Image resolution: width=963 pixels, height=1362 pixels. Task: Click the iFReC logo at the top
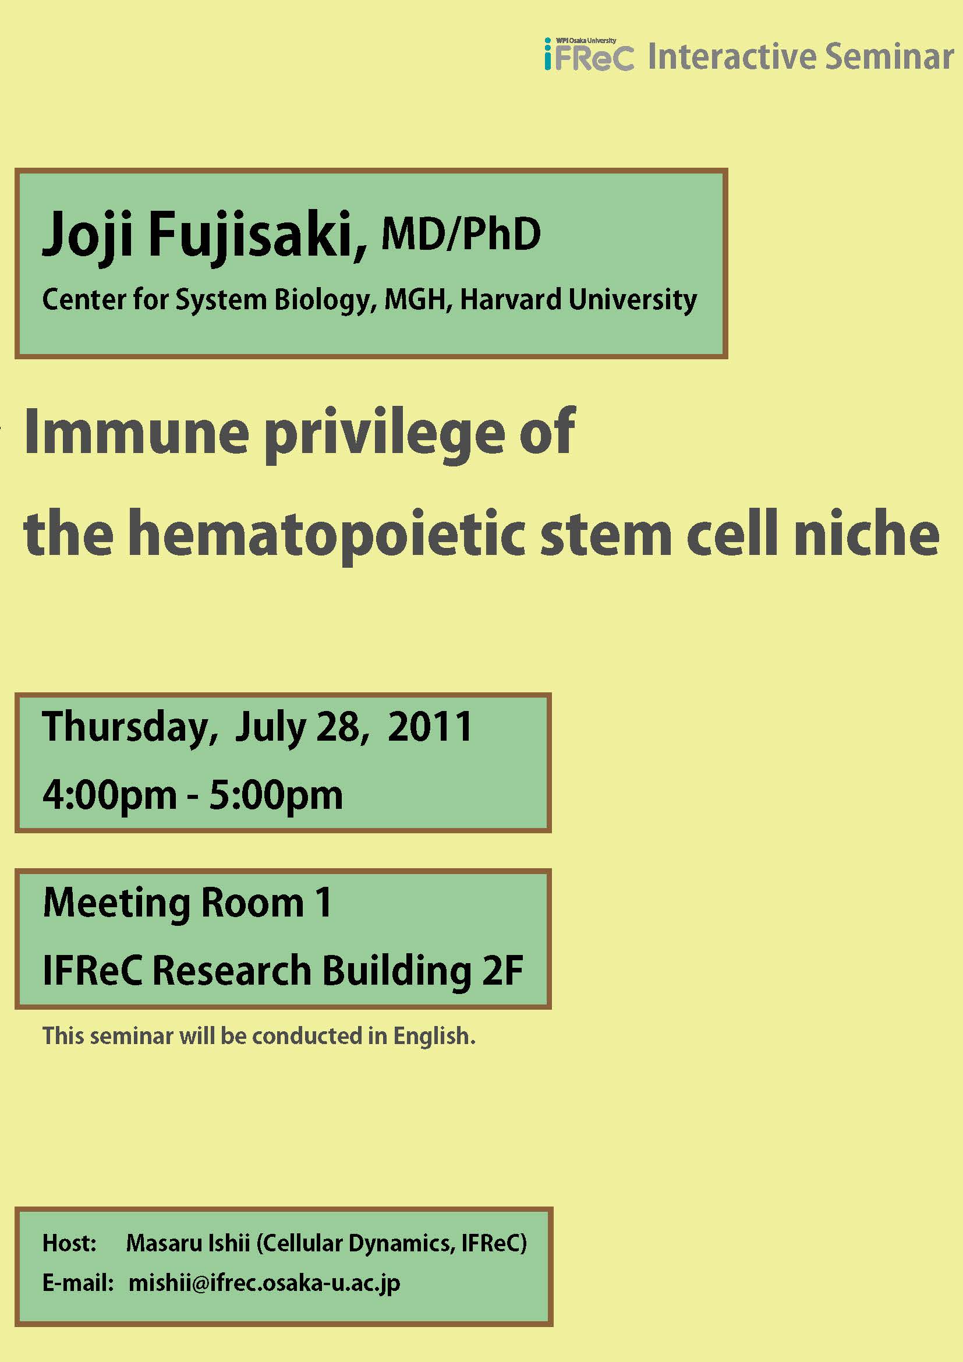point(589,55)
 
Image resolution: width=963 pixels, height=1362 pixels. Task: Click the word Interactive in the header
point(732,57)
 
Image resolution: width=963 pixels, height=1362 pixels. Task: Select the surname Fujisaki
point(257,236)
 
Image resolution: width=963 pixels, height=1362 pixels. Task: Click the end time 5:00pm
point(276,796)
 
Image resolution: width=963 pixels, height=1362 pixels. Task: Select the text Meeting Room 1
point(187,904)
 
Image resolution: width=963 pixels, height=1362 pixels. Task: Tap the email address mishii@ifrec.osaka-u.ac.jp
point(264,1283)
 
